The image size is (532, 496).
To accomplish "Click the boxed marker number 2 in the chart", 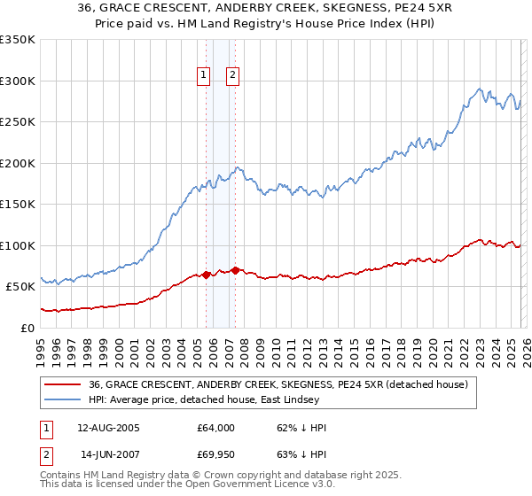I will [x=233, y=76].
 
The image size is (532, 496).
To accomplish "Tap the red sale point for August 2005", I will [x=207, y=275].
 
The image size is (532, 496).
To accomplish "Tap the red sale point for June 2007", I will [x=235, y=270].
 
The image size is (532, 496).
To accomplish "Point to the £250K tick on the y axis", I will [x=18, y=122].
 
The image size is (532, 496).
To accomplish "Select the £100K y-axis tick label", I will [x=18, y=245].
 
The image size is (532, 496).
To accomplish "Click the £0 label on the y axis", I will [x=27, y=328].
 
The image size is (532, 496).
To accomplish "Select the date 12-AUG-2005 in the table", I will [x=108, y=428].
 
